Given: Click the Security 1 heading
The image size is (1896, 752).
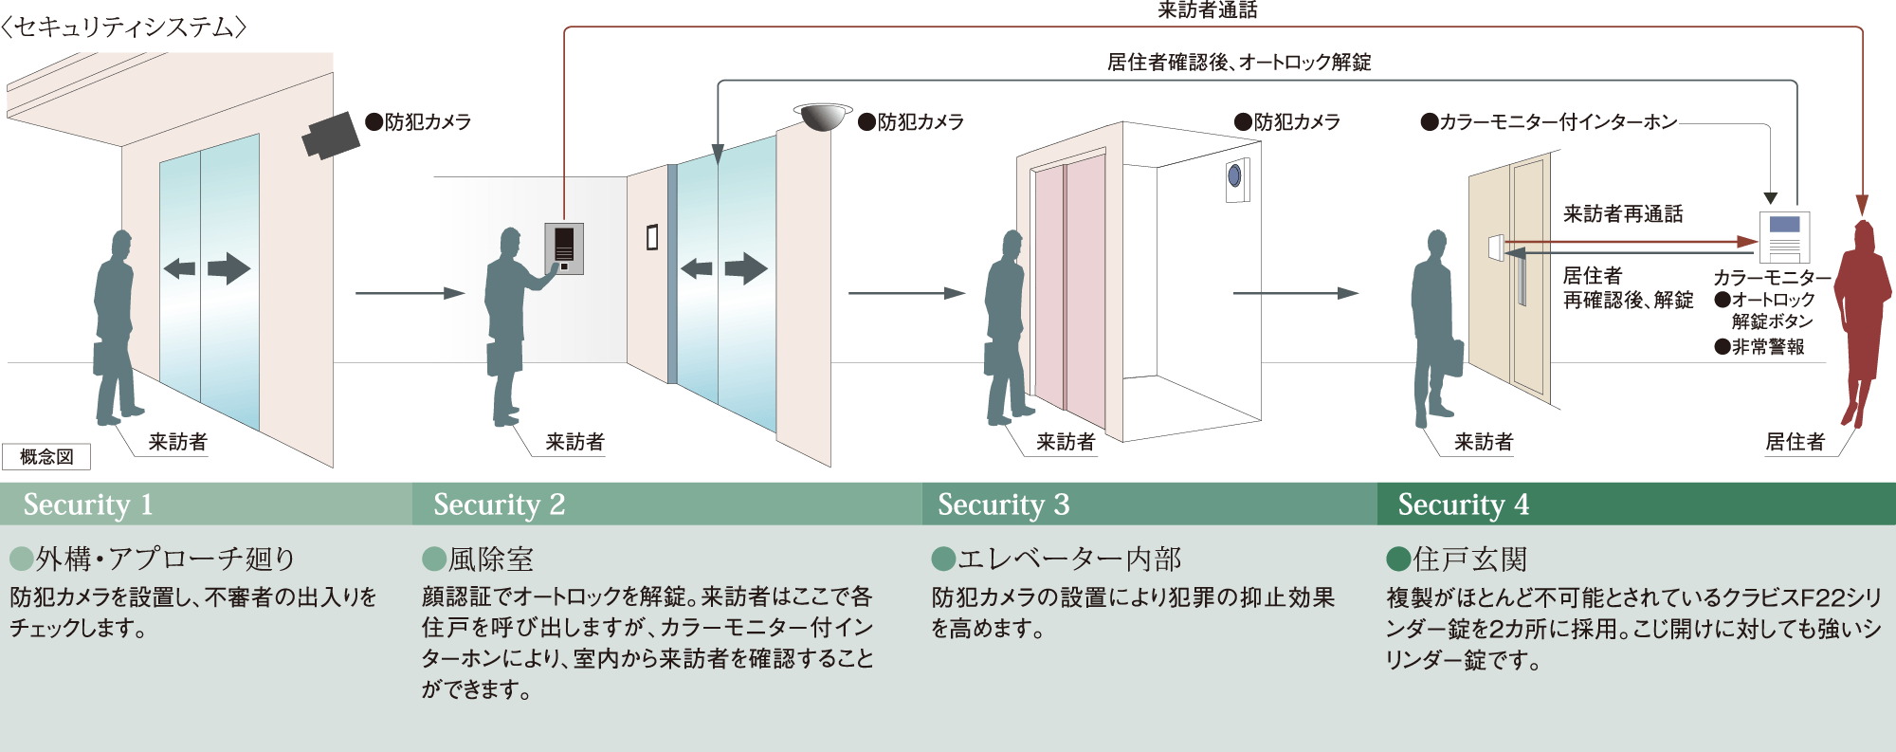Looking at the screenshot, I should point(87,504).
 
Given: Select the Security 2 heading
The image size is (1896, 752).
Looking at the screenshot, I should point(499,504).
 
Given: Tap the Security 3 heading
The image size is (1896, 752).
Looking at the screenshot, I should point(1003,504).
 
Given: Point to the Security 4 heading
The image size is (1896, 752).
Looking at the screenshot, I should point(1463,504).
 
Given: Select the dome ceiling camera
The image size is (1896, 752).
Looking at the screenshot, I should point(822,117).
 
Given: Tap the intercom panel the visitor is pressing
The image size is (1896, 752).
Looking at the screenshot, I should point(564,248).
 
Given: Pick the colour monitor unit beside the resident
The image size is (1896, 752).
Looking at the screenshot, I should point(1784,236).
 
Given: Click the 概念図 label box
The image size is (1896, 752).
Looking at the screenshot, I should point(46,457).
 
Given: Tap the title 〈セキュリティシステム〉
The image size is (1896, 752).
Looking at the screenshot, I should point(123,27).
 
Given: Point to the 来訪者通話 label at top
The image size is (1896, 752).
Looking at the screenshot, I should point(1207,10).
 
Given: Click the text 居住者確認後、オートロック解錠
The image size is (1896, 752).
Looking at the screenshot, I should point(1238,63).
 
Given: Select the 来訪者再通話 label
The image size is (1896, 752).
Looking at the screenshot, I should point(1622,214).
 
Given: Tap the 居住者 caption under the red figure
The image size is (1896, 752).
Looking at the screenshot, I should point(1794,442).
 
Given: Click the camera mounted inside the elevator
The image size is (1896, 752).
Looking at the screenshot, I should point(1234,176).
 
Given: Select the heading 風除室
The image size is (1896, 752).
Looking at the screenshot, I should point(490,559).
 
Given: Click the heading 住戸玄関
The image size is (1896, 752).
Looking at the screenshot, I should point(1469,559).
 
